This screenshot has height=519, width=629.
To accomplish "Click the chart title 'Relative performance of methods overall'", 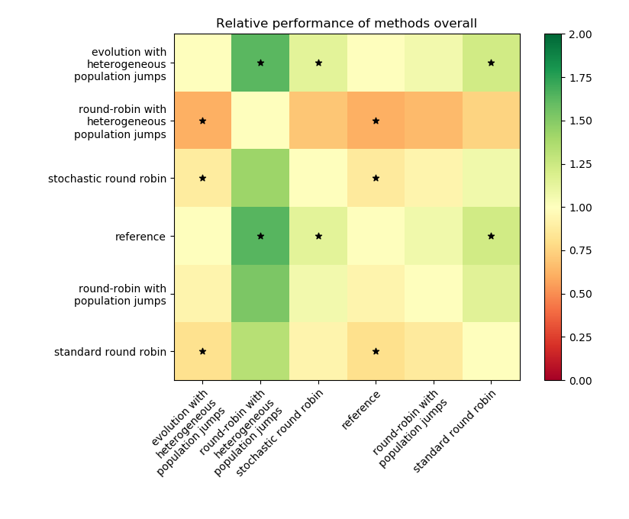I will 347,24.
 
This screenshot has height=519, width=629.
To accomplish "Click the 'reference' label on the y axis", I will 141,237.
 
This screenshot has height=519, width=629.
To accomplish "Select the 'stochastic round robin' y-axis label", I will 107,179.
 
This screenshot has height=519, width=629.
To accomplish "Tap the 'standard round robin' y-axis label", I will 110,352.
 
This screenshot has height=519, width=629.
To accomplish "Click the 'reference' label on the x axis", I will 360,410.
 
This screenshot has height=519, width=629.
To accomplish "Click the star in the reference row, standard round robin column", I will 491,237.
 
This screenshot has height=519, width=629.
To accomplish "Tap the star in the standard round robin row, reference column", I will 376,352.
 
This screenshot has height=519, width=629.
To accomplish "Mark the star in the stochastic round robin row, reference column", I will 376,179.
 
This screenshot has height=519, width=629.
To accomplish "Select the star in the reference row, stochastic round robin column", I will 318,237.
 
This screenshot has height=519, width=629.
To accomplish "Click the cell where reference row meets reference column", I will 376,237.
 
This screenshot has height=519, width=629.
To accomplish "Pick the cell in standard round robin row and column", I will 491,352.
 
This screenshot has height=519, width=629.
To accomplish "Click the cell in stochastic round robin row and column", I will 318,179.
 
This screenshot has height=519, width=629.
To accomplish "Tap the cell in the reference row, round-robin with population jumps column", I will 434,237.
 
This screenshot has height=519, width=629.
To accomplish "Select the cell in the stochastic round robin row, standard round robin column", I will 491,179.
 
